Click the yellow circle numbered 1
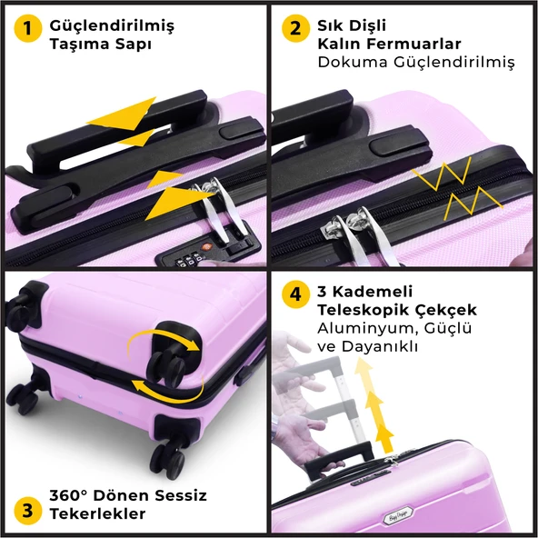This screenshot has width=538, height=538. pyautogui.click(x=28, y=28)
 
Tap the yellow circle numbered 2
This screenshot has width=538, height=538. pyautogui.click(x=295, y=28)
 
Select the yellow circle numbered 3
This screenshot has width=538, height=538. pyautogui.click(x=28, y=511)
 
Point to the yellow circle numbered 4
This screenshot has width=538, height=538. pyautogui.click(x=295, y=294)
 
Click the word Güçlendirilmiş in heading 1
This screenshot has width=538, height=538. pyautogui.click(x=112, y=26)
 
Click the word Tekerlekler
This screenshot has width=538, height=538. pyautogui.click(x=97, y=513)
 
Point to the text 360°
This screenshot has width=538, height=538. pyautogui.click(x=69, y=495)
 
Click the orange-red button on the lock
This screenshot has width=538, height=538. pyautogui.click(x=207, y=246)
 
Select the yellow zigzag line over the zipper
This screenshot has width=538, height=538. pyautogui.click(x=457, y=188)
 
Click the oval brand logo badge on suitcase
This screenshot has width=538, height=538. pyautogui.click(x=398, y=515)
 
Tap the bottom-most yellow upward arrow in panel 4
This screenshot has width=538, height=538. pyautogui.click(x=385, y=438)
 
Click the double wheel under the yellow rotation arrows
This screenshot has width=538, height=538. pyautogui.click(x=167, y=369)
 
